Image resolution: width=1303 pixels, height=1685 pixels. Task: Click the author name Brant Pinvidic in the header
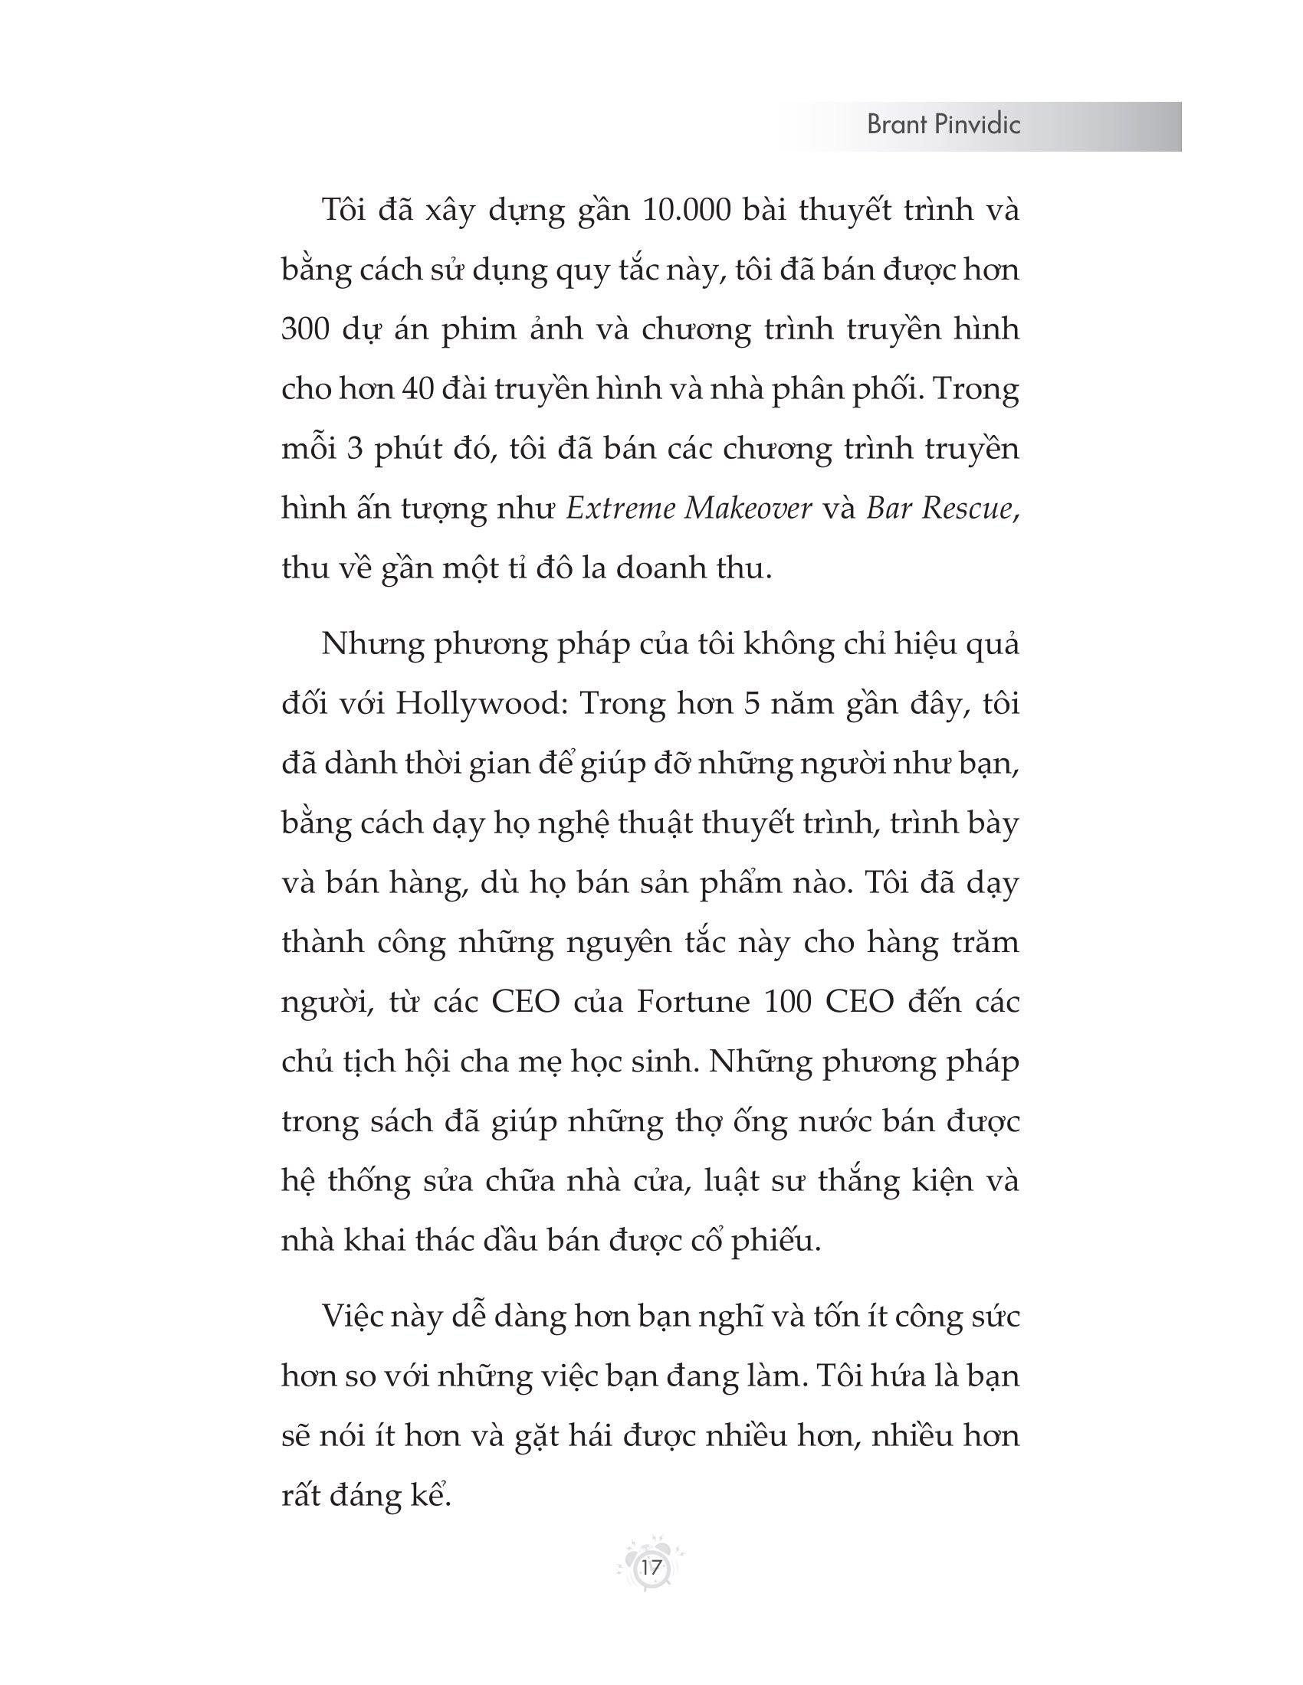pyautogui.click(x=944, y=126)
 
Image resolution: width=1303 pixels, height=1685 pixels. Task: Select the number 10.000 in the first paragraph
pyautogui.click(x=686, y=211)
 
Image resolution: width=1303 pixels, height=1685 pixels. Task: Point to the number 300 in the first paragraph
pyautogui.click(x=308, y=329)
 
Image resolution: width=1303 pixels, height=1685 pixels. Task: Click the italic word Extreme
pyautogui.click(x=622, y=509)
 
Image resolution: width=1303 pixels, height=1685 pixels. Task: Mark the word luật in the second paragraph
pyautogui.click(x=733, y=1181)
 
